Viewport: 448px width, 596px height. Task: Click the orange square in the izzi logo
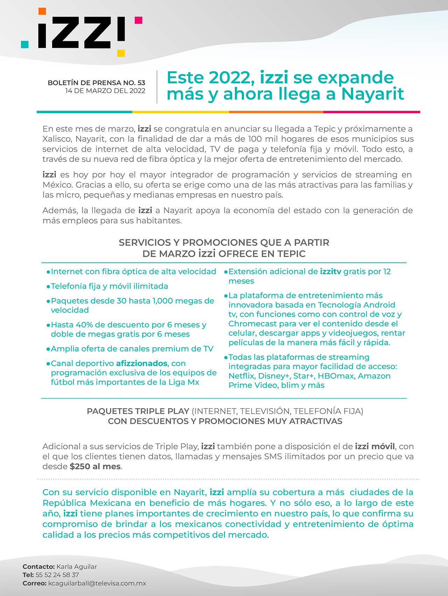coord(42,11)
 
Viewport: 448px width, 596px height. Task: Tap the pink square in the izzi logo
coord(139,20)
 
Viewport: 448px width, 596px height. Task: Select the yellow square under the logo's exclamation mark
coord(121,53)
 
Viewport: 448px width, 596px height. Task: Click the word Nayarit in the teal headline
coord(372,94)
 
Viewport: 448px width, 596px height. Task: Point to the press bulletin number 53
coord(141,83)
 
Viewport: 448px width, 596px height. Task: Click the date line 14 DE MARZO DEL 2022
coord(105,91)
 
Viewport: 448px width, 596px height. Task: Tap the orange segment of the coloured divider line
coord(276,112)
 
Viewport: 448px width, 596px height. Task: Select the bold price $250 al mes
coord(95,466)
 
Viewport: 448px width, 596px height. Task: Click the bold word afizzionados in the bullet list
coord(142,363)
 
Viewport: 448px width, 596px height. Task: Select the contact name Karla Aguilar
coord(77,567)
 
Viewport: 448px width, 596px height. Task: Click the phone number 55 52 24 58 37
coord(57,575)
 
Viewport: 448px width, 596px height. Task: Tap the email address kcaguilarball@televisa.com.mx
coord(97,583)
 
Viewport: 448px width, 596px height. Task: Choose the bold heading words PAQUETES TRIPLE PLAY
coord(138,411)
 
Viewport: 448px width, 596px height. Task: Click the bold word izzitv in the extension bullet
coord(330,271)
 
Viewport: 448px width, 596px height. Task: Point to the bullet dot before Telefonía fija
coord(48,286)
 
